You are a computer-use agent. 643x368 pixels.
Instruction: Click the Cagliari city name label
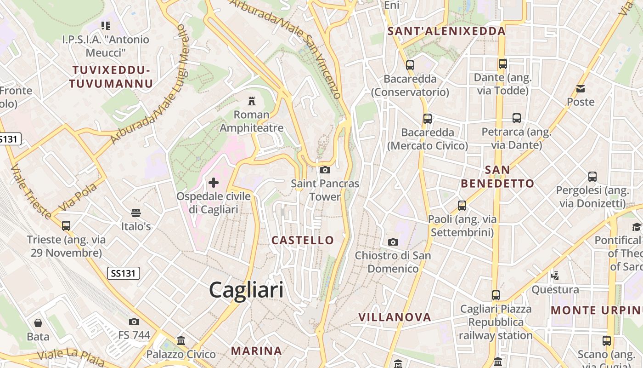pos(246,290)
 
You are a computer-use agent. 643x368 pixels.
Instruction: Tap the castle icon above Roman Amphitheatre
pos(252,101)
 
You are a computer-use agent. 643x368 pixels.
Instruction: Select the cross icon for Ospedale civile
pos(214,183)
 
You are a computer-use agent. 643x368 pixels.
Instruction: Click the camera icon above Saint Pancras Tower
pos(325,170)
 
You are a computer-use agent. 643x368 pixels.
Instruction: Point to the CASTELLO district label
pos(303,240)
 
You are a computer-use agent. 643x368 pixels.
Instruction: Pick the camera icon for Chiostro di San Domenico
pos(393,242)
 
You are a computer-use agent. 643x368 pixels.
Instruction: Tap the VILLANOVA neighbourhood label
pos(395,317)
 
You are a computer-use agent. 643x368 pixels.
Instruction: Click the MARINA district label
pos(256,351)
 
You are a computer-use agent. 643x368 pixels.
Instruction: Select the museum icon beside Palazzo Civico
pos(181,341)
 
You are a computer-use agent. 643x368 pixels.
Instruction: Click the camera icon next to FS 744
pos(134,322)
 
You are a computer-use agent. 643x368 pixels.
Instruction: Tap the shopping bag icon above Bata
pos(38,323)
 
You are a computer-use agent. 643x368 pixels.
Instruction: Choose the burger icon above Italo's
pos(135,213)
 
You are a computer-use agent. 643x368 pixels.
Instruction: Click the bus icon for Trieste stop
pos(66,226)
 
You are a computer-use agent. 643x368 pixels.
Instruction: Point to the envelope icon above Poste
pos(581,88)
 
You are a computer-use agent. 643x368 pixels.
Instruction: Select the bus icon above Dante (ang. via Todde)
pos(503,64)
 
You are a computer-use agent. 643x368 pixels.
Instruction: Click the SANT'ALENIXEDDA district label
pos(446,31)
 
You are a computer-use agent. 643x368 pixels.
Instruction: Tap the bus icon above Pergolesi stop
pos(592,176)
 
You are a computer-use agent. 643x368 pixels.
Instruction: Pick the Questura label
pos(555,290)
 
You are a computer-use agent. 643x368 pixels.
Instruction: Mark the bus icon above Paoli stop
pos(462,205)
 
